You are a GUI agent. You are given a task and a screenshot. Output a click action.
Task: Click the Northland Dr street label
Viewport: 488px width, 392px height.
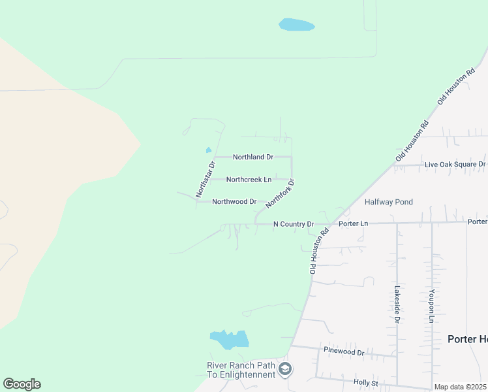(x=252, y=157)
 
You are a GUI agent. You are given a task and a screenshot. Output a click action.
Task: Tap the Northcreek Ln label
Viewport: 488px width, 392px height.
(x=249, y=179)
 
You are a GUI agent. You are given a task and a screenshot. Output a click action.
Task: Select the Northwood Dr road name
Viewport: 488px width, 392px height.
(x=234, y=202)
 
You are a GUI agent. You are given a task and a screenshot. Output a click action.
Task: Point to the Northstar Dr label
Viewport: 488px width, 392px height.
(x=205, y=179)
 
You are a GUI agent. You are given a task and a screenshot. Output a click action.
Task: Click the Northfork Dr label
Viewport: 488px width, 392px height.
(x=281, y=193)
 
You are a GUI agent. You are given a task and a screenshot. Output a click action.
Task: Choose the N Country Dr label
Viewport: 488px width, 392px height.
(x=294, y=224)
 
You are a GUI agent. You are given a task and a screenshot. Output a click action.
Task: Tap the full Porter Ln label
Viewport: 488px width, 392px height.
(x=354, y=223)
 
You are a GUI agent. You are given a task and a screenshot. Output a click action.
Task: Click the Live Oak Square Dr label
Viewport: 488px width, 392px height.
(x=455, y=165)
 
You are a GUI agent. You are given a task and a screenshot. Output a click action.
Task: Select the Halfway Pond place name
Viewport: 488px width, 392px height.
(x=389, y=202)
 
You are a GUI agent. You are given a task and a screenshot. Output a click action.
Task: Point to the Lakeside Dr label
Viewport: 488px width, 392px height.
(x=397, y=304)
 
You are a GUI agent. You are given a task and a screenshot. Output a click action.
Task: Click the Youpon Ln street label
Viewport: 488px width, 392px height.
(x=432, y=305)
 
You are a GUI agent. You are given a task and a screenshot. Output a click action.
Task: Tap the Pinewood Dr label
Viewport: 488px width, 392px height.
(x=344, y=351)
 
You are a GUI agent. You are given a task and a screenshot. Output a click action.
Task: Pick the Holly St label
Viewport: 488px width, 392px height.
(x=365, y=382)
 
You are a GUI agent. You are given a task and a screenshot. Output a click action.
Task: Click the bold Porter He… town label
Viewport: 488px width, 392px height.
(x=467, y=339)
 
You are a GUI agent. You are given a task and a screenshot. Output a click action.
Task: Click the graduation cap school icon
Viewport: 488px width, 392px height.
(x=284, y=370)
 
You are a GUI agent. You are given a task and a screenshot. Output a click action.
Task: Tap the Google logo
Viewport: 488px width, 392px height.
(x=22, y=384)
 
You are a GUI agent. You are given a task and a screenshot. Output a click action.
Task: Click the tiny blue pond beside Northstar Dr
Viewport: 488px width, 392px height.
(x=209, y=150)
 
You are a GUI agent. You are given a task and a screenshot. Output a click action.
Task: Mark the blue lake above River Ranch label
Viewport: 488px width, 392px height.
(x=230, y=339)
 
